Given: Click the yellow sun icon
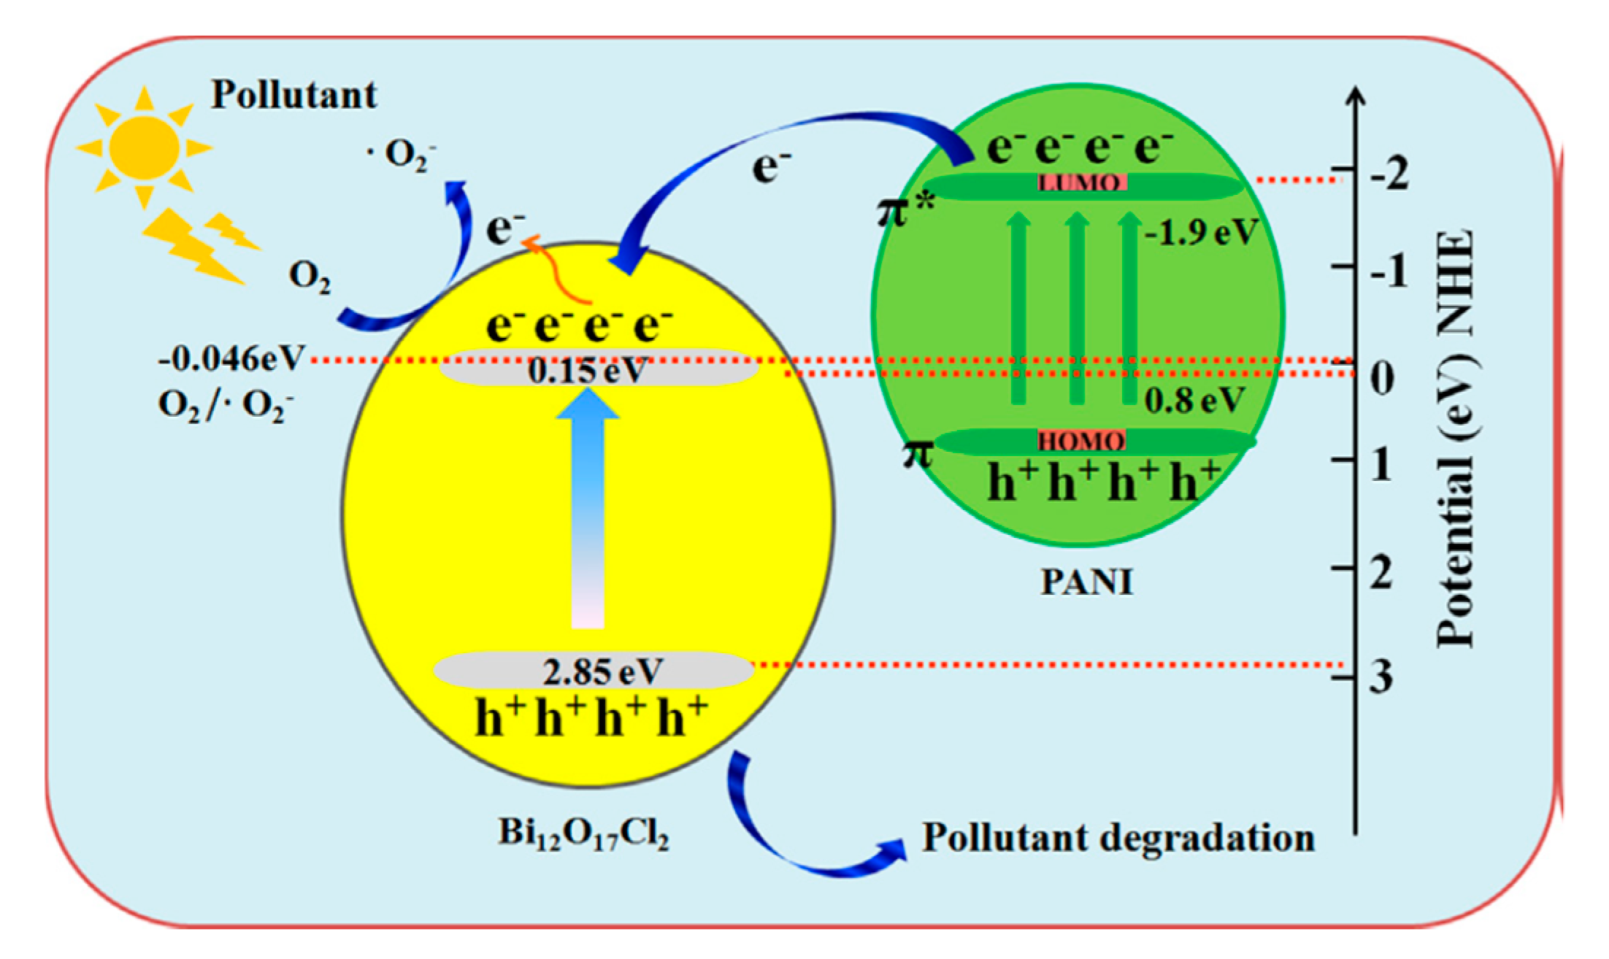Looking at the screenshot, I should (x=145, y=147).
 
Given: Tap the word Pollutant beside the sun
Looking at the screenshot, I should (x=293, y=95).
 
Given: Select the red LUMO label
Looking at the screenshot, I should (x=1083, y=182).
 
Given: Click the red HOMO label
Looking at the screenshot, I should (x=1082, y=441).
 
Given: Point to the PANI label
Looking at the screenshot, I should (x=1086, y=582).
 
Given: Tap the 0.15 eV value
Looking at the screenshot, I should (x=588, y=371).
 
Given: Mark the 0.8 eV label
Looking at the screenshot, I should (x=1194, y=400).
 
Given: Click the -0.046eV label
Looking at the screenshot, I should (x=231, y=358).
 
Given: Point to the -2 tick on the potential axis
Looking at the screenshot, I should (x=1389, y=175).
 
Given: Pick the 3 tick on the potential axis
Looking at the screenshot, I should (x=1380, y=677).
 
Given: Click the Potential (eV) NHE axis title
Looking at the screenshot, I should (x=1455, y=438).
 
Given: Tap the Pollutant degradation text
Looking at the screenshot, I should (x=1118, y=838).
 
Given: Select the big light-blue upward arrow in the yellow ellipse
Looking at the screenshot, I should (x=588, y=511).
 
